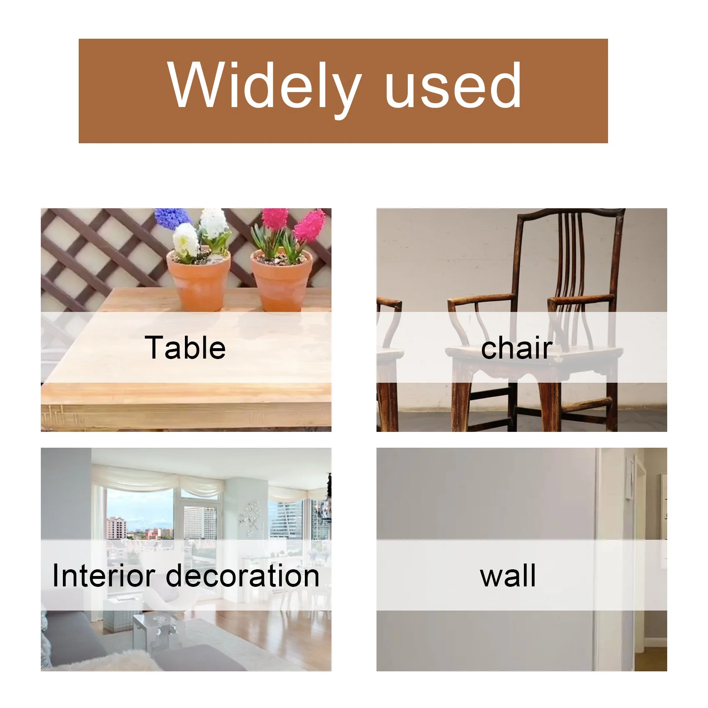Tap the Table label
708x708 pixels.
coord(185,348)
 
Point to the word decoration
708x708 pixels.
coord(243,576)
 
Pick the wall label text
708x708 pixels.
coord(508,576)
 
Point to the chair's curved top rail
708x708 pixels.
coord(571,213)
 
